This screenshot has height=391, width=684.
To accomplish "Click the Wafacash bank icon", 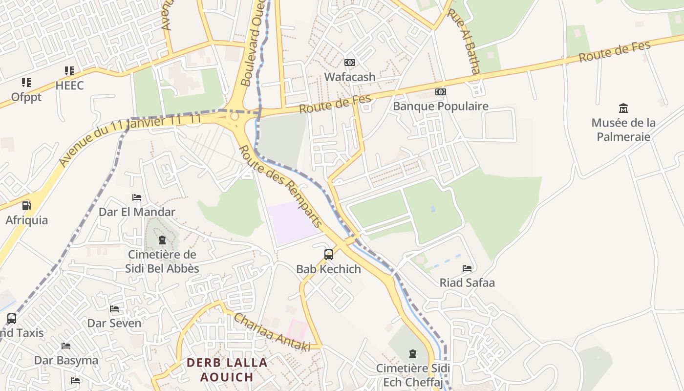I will tap(350, 63).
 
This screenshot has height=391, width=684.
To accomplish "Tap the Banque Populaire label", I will tap(441, 106).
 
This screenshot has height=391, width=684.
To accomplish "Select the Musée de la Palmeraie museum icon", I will tap(623, 108).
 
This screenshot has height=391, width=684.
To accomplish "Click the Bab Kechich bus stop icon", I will tap(329, 255).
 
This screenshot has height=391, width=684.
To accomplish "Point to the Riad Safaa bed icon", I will tap(467, 268).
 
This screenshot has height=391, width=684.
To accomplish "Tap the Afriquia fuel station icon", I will tap(26, 206).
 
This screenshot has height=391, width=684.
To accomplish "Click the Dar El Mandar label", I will tap(137, 212).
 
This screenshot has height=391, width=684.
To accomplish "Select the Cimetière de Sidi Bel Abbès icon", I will tap(162, 240).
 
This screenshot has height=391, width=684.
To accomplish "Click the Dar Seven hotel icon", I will tap(114, 309).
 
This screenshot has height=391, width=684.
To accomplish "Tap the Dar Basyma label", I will tap(66, 360).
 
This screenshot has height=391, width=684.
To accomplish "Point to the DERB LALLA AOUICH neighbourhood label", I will tap(227, 369).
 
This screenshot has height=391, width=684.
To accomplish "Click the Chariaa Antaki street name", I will tap(272, 332).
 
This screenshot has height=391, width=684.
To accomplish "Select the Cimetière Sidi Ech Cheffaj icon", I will tap(413, 353).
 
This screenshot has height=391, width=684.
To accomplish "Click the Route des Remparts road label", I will tap(280, 187).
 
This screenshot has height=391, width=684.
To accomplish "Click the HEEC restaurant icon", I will tap(69, 71).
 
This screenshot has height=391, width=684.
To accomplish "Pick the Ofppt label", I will tap(26, 97).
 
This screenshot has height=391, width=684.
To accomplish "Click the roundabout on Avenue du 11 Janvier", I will tap(235, 116).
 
